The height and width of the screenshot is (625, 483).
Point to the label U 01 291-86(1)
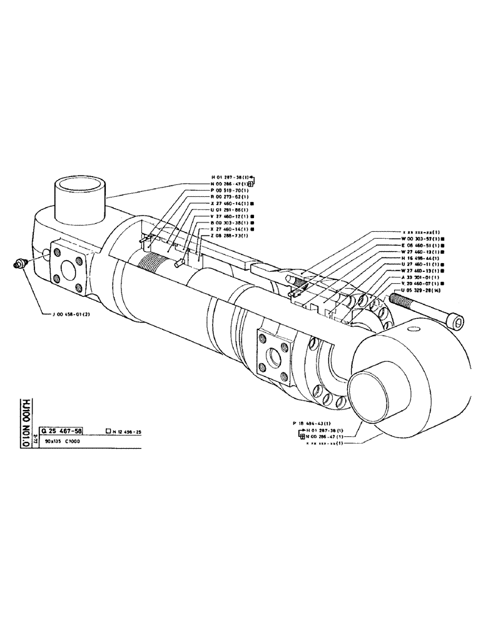coord(230,209)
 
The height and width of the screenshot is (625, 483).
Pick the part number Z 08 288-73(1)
coord(230,236)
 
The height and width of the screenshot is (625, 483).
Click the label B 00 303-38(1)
coord(230,222)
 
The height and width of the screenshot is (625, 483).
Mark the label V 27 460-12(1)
coord(230,216)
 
